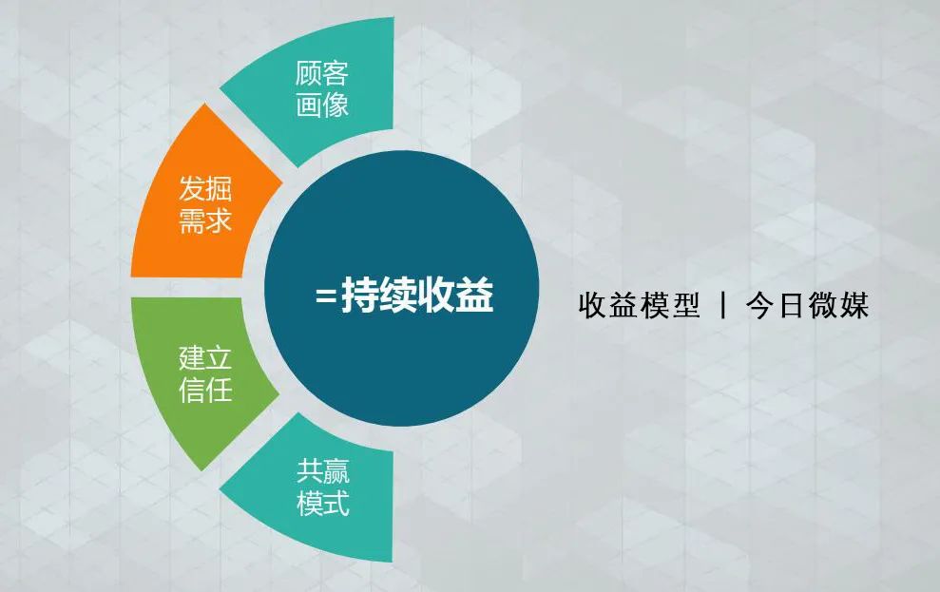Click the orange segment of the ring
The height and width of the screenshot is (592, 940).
[198, 198]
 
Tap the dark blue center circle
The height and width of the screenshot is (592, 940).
[401, 288]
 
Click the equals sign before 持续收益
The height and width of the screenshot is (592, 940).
[325, 295]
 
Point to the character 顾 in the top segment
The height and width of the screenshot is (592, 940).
[308, 74]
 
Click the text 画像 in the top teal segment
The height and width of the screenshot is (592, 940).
[322, 105]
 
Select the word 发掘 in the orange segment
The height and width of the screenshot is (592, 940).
[205, 189]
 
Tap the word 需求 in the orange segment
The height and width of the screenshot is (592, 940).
[205, 220]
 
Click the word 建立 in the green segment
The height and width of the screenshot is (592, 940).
[205, 357]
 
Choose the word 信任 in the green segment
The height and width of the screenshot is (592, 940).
[205, 389]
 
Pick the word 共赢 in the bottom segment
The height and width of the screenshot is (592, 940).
[322, 471]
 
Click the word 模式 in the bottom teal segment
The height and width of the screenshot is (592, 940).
[322, 503]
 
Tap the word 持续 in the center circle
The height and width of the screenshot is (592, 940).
[379, 295]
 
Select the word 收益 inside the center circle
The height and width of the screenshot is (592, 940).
[455, 295]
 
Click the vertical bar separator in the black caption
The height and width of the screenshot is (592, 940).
[723, 306]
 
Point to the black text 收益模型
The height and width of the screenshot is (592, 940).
[639, 305]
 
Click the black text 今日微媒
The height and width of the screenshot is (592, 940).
[808, 305]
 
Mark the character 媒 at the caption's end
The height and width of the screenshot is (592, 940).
[854, 305]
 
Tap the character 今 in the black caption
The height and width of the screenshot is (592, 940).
[759, 305]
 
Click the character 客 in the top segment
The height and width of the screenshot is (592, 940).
[336, 74]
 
